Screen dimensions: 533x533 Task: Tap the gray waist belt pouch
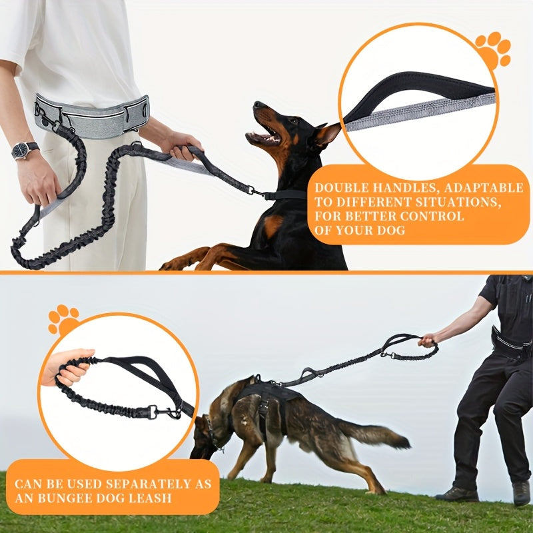pyautogui.click(x=92, y=116)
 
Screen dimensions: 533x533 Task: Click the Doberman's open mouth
pyautogui.click(x=263, y=135)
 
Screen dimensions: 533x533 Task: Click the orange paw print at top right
pyautogui.click(x=492, y=49)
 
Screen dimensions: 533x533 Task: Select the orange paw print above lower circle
pyautogui.click(x=63, y=320)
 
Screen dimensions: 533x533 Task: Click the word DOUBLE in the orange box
pyautogui.click(x=337, y=188)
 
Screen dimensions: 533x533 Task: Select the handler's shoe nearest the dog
pyautogui.click(x=456, y=494)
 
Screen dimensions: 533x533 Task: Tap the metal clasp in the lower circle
pyautogui.click(x=164, y=412)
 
